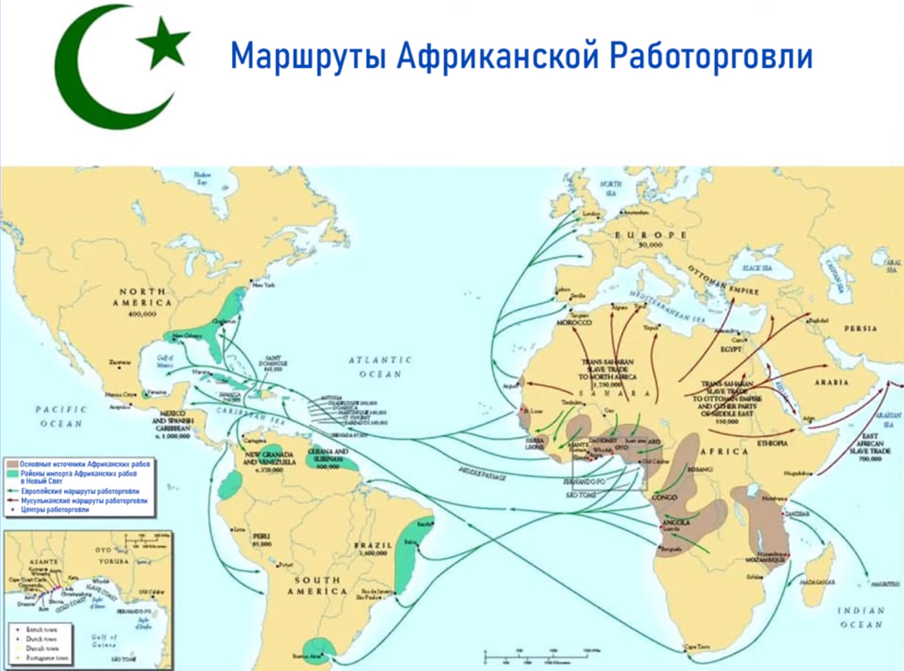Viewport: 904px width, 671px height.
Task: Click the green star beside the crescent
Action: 163,43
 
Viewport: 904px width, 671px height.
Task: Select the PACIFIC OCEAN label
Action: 61,416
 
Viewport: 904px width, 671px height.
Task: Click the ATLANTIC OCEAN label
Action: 380,365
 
